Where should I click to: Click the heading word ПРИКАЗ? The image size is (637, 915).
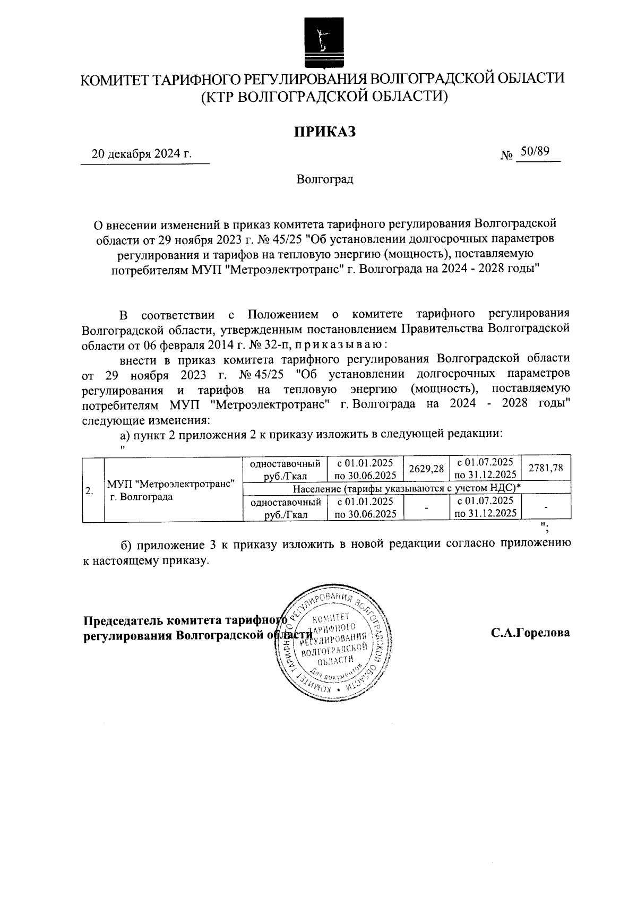pos(325,131)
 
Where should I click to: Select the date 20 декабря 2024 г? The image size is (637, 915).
pos(142,154)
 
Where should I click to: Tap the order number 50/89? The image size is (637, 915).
pos(534,152)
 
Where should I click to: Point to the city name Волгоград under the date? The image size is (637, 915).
pos(325,179)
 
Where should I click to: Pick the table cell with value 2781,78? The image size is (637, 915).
pos(546,467)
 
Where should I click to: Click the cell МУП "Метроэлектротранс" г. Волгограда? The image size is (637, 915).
pos(171,489)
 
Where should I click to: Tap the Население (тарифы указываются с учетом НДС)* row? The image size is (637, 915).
pos(406,487)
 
